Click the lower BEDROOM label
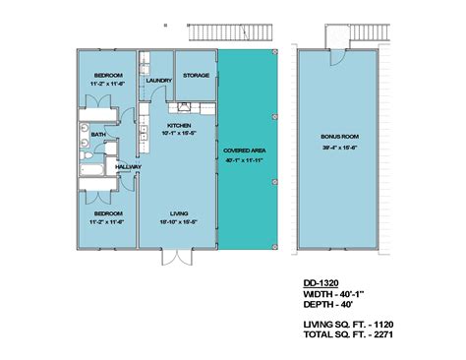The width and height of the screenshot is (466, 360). (x=108, y=213)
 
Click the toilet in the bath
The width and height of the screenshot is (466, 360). (x=87, y=154)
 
